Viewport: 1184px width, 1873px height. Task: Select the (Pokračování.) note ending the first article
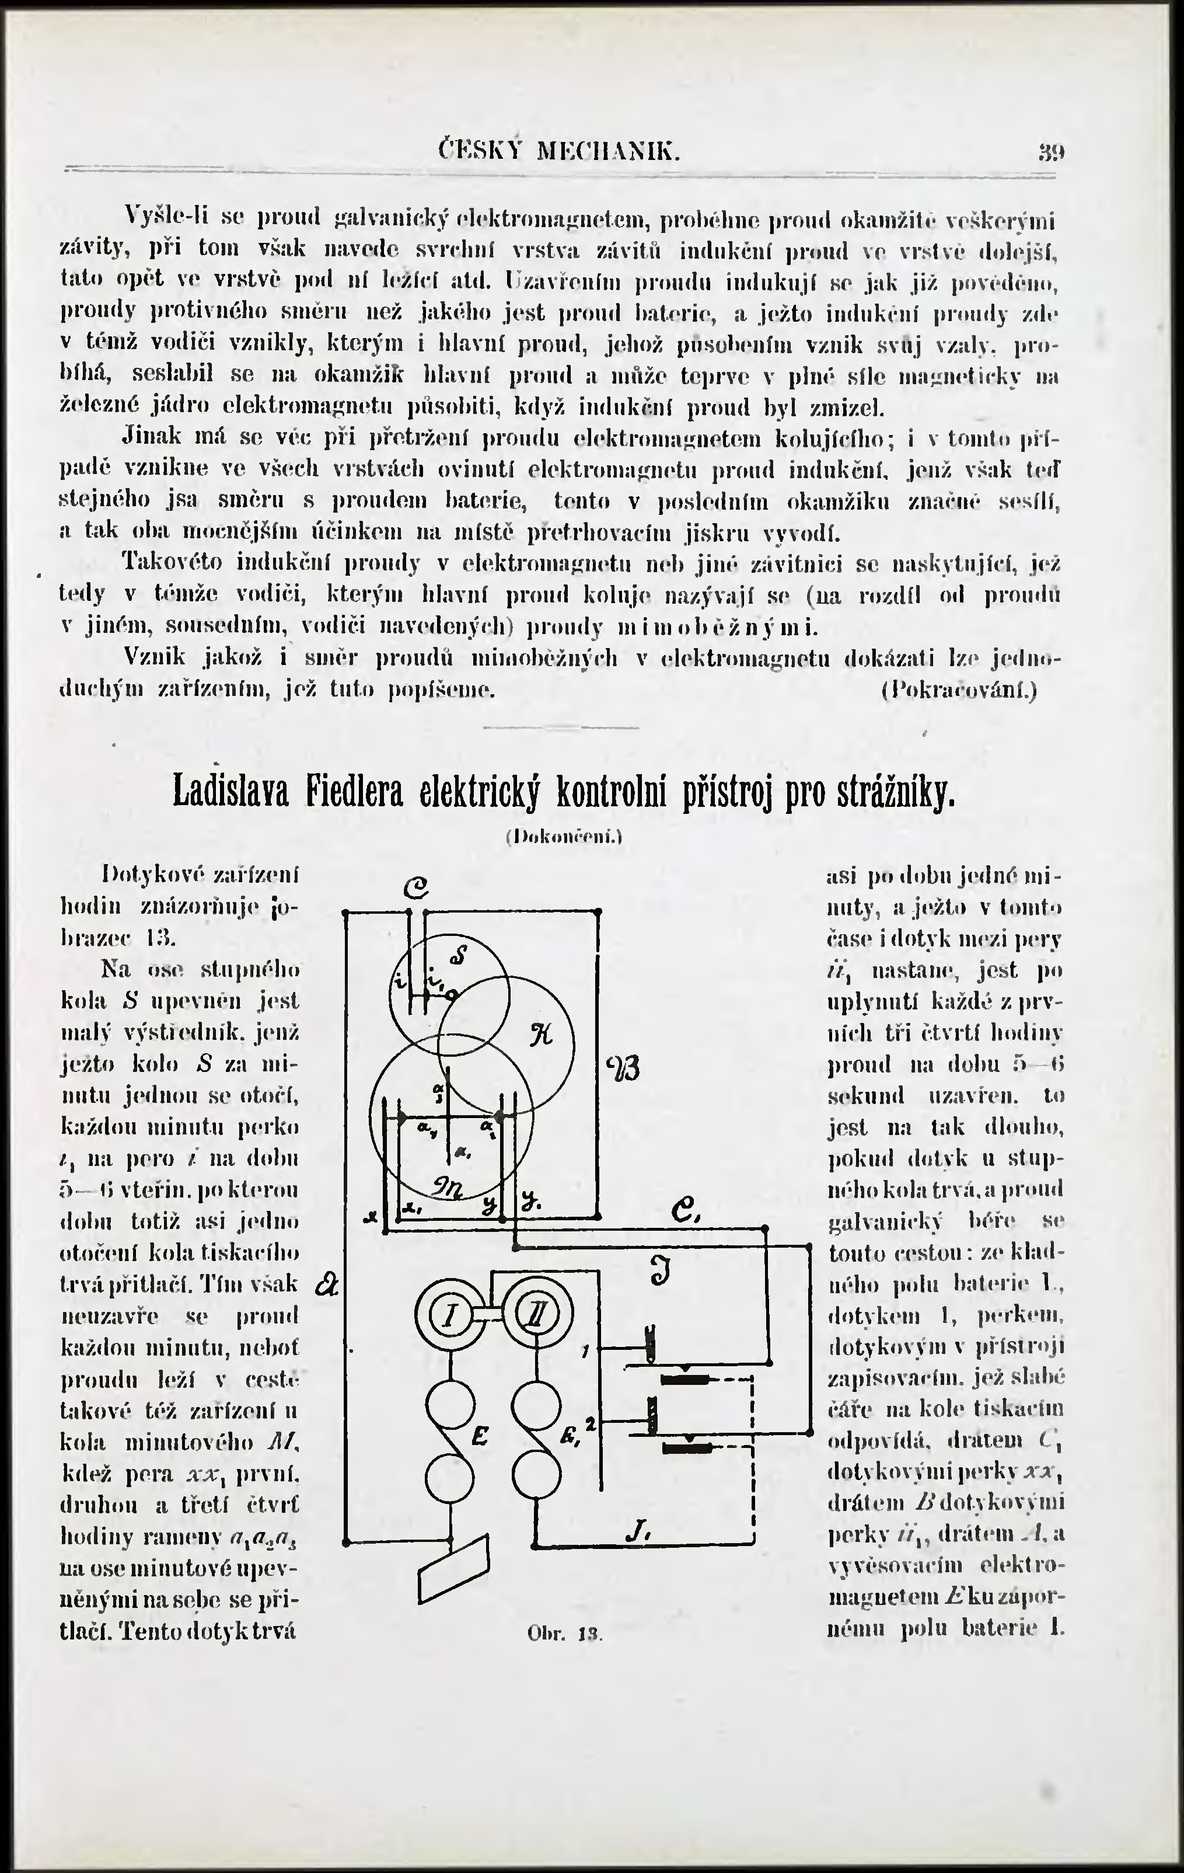pyautogui.click(x=959, y=689)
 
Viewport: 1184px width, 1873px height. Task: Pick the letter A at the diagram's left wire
pyautogui.click(x=327, y=1285)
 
